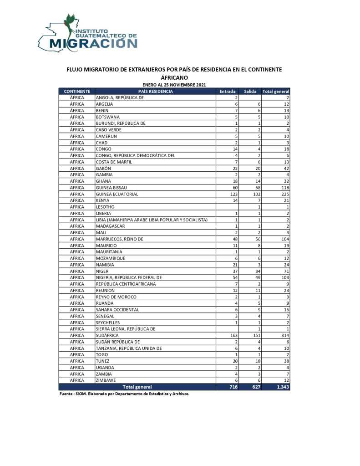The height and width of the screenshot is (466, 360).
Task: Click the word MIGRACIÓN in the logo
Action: click(93, 43)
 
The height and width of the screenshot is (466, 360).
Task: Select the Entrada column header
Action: click(228, 92)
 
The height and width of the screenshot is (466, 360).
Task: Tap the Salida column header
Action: click(250, 92)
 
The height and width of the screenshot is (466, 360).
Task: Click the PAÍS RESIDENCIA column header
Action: click(155, 92)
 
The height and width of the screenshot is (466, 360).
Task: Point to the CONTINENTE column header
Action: click(76, 92)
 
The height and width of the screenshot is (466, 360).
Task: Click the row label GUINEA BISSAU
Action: click(112, 187)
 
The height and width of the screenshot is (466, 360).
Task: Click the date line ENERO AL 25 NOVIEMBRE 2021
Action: click(174, 85)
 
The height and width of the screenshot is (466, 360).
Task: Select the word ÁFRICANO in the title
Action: click(174, 78)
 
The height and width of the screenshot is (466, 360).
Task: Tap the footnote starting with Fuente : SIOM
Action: click(124, 394)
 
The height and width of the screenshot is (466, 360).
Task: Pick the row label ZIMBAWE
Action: click(106, 380)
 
